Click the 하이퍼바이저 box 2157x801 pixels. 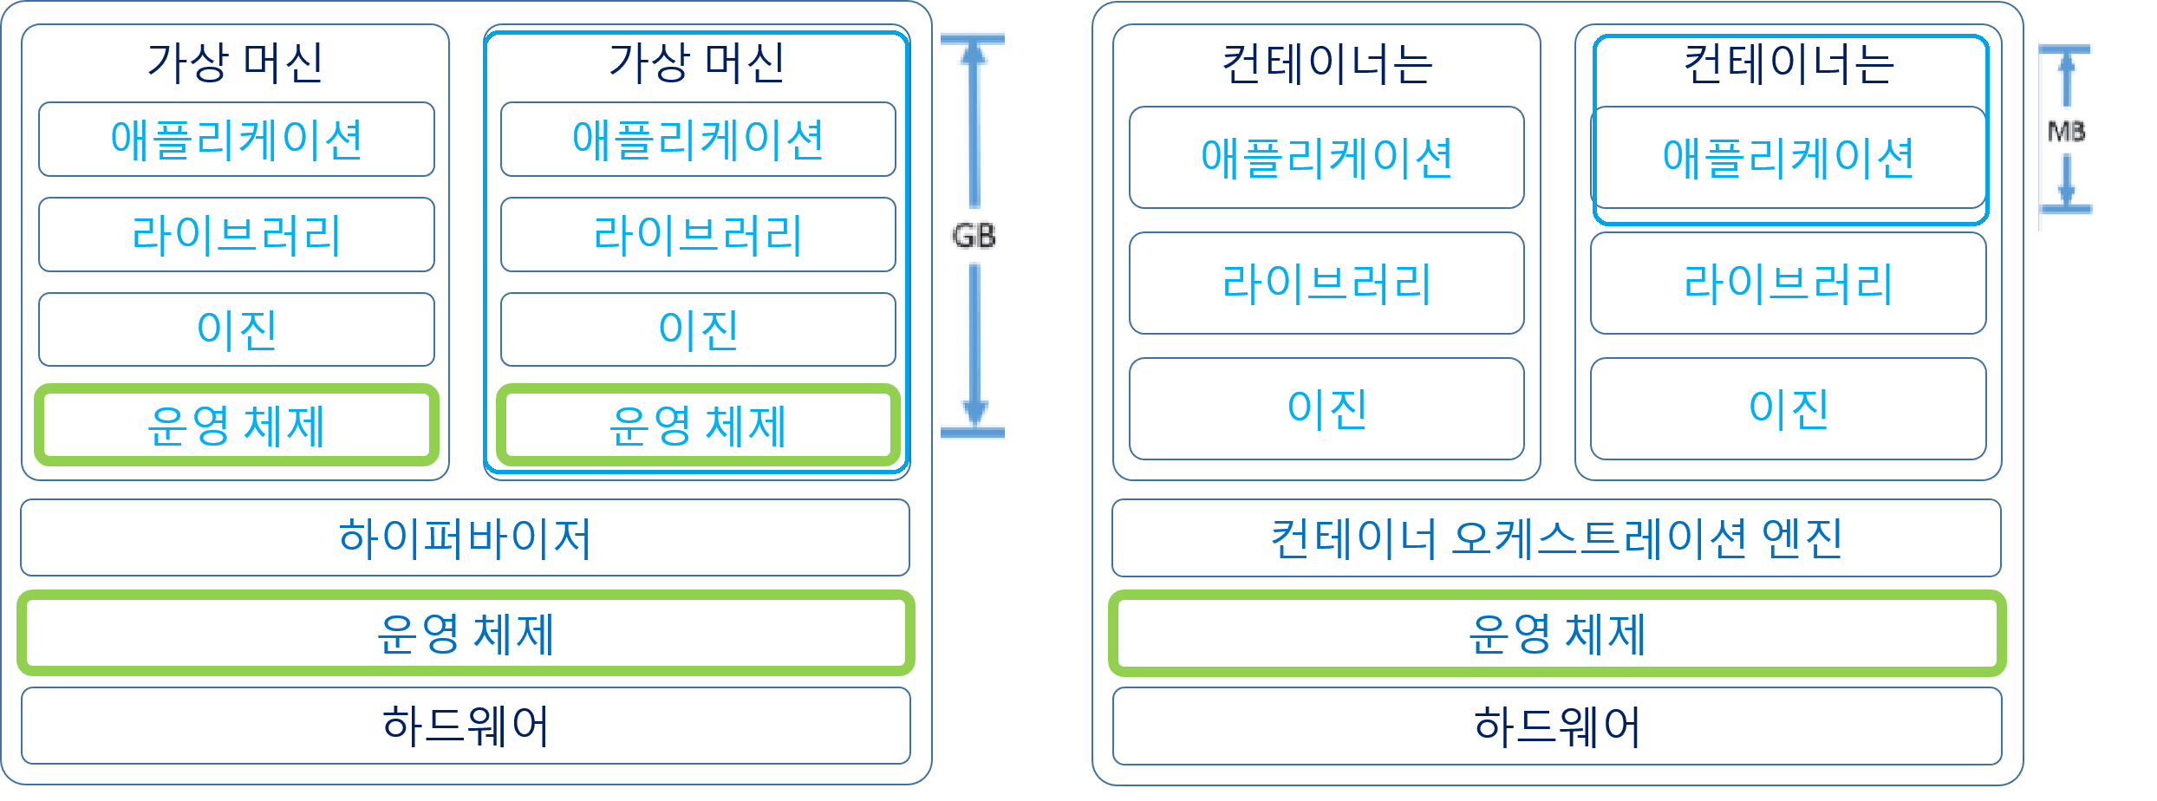point(465,537)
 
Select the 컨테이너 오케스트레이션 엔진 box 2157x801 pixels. point(1556,538)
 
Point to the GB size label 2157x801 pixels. point(974,236)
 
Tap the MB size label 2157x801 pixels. point(2066,132)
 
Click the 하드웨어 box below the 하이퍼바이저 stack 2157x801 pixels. point(466,726)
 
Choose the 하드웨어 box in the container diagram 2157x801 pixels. point(1557,726)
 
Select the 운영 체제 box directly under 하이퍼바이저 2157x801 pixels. point(466,634)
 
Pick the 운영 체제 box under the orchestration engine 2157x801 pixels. point(1557,634)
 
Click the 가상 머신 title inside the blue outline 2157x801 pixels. point(697,62)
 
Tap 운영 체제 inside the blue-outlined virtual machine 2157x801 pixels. point(698,426)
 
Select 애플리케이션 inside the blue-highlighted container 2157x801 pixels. point(1789,158)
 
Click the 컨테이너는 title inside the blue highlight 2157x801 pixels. point(1789,64)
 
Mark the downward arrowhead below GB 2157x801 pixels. point(975,411)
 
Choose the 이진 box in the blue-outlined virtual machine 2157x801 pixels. point(698,329)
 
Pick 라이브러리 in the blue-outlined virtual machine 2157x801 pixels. point(698,235)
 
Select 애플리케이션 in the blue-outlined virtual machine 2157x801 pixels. point(698,140)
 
